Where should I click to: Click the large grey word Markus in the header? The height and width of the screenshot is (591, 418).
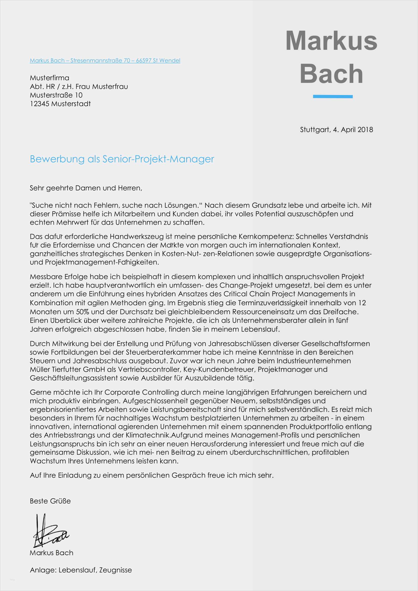(x=331, y=41)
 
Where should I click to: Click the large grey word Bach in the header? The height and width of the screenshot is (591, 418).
(x=331, y=74)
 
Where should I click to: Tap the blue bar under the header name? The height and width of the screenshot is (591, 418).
(x=333, y=97)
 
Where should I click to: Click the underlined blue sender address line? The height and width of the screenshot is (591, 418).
(x=105, y=60)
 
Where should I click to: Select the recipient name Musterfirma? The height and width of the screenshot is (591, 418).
(x=50, y=78)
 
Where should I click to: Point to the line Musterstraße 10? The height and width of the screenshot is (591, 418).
(x=56, y=95)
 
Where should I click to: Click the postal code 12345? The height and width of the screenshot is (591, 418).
(x=40, y=104)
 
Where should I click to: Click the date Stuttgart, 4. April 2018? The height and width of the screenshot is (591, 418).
(x=336, y=129)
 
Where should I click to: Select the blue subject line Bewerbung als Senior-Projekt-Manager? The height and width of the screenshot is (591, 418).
(x=122, y=159)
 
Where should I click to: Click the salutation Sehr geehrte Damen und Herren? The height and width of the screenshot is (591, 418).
(x=86, y=188)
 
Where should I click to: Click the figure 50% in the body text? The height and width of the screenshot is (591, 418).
(x=82, y=312)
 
